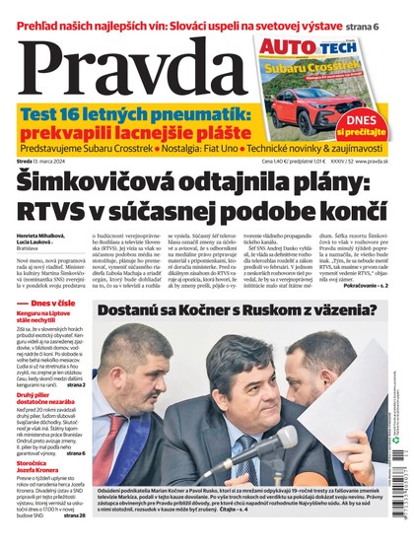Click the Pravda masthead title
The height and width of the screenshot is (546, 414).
pos(123,69)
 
